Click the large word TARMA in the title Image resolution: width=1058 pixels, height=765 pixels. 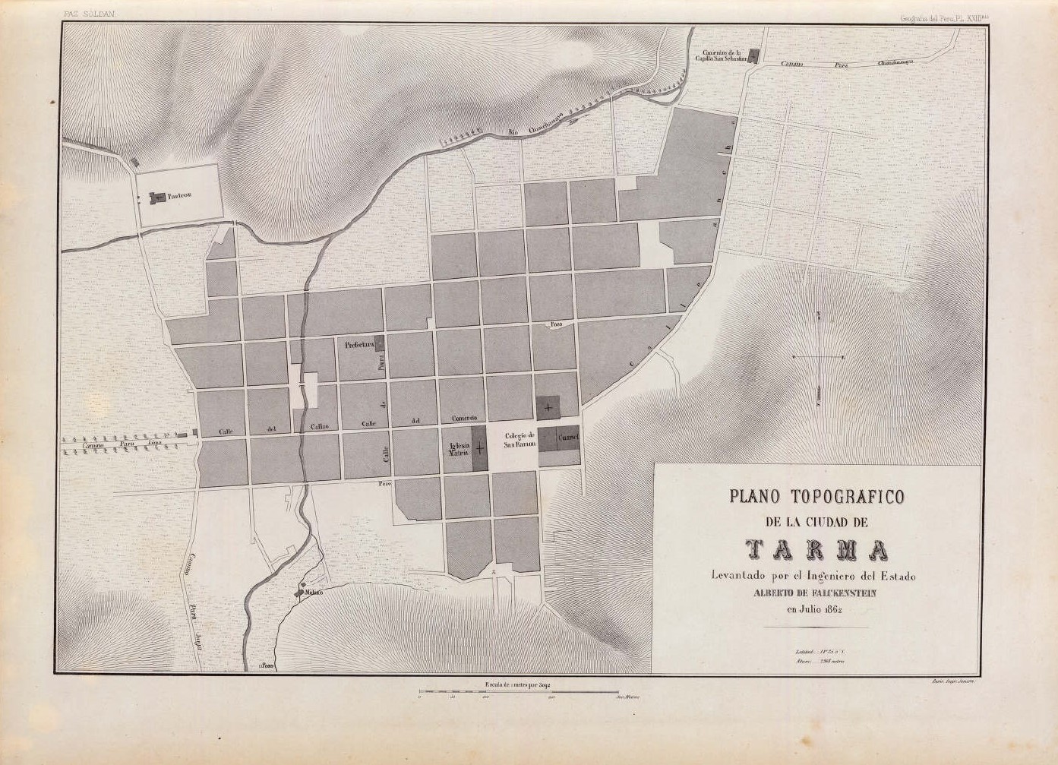[816, 548]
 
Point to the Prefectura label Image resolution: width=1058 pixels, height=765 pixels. [359, 344]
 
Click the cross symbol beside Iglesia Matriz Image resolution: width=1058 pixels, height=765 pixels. [478, 449]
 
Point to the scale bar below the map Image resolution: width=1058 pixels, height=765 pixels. [518, 692]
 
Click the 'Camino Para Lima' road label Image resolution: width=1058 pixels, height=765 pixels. [124, 441]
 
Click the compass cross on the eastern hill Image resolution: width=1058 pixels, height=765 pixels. [818, 356]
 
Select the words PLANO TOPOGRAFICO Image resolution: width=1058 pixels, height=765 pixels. [816, 498]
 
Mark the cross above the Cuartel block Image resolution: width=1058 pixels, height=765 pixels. [547, 409]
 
